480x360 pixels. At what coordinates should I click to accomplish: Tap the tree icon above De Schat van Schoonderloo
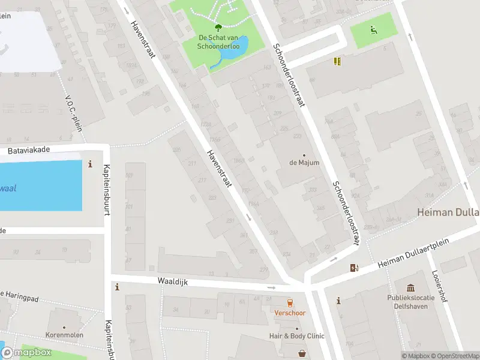tap(217, 26)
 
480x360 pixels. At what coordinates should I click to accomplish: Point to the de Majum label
tap(304, 163)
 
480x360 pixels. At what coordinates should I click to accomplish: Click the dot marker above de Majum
tap(304, 155)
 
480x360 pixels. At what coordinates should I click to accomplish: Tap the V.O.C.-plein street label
tap(73, 110)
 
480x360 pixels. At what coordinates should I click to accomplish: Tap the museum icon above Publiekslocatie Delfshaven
tap(410, 289)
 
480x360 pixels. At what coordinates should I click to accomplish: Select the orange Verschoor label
tap(290, 313)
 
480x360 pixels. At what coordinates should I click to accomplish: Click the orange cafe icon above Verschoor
tap(290, 302)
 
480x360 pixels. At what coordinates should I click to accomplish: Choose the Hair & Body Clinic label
tap(296, 336)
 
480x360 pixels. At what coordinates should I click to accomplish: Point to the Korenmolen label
tap(64, 335)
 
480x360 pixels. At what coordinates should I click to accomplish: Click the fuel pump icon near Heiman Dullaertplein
tap(354, 268)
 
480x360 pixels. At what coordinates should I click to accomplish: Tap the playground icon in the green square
tap(373, 29)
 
